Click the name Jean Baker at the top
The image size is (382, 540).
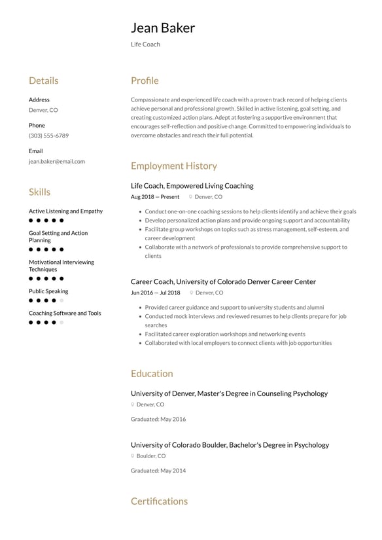click(162, 28)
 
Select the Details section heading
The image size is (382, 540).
click(43, 81)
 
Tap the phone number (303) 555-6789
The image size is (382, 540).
click(48, 135)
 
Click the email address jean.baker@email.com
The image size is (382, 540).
click(56, 161)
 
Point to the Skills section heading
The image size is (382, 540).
click(39, 192)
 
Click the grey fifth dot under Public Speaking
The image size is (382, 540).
click(62, 300)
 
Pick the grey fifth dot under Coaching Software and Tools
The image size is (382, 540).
click(62, 323)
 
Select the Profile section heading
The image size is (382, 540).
click(145, 81)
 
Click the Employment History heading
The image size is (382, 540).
click(173, 166)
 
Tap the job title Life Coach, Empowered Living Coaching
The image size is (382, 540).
click(192, 186)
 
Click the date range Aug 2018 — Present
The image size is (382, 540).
click(155, 196)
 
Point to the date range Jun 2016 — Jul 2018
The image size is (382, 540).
click(155, 293)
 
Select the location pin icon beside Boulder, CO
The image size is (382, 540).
click(133, 456)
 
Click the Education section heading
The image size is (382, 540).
click(152, 374)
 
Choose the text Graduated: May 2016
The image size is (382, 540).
click(158, 419)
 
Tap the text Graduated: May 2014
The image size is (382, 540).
click(158, 471)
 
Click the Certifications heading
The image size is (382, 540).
click(159, 501)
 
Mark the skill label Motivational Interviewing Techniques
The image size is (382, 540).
click(61, 266)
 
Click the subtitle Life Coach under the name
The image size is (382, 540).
click(145, 45)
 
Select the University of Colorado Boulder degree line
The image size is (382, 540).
click(230, 445)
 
